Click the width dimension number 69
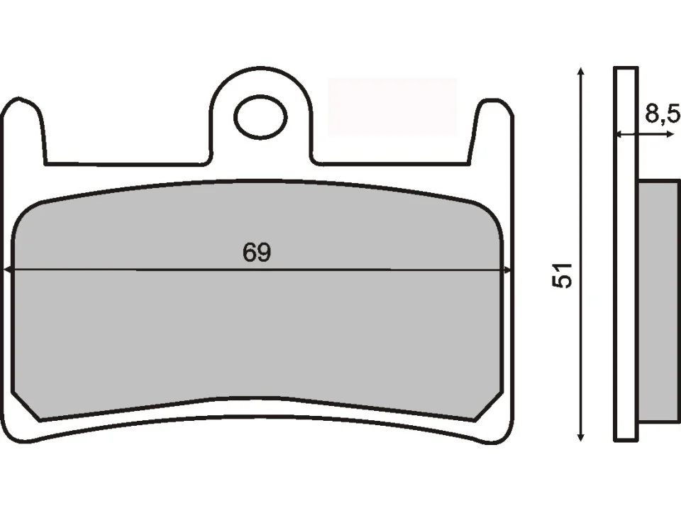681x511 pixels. pos(257,253)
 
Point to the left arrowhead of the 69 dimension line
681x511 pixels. pos(9,270)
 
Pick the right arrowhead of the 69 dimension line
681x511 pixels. pos(506,270)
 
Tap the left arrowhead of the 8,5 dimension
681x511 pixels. pos(619,133)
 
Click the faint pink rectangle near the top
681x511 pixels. pos(392,106)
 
